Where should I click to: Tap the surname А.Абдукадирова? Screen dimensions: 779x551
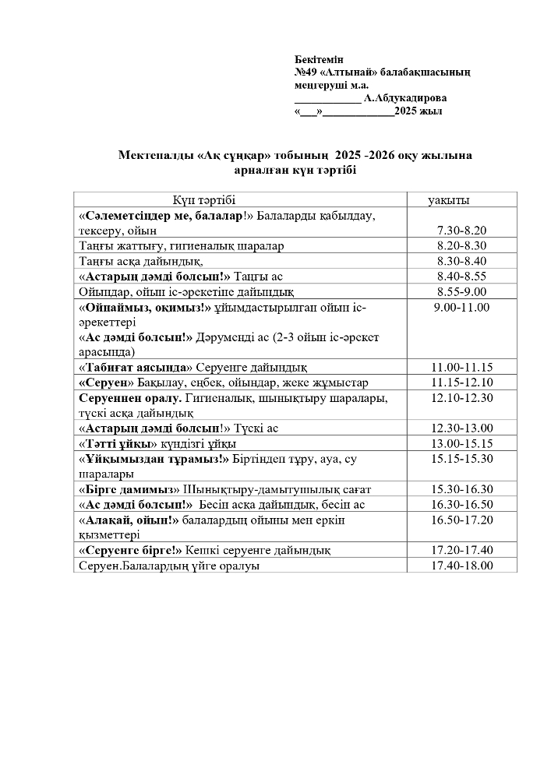405,98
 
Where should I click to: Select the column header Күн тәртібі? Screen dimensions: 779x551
204,200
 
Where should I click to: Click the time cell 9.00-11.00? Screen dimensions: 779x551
461,307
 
